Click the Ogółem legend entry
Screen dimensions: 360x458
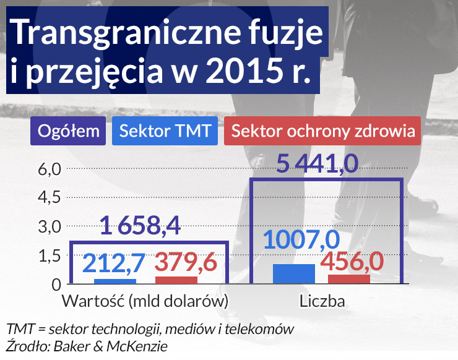tap(69, 131)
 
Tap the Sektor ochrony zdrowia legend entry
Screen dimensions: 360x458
tap(322, 131)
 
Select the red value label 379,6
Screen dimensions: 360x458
tap(185, 262)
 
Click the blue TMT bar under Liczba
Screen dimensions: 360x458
tap(293, 273)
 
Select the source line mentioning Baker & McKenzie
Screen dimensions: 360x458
tap(87, 346)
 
